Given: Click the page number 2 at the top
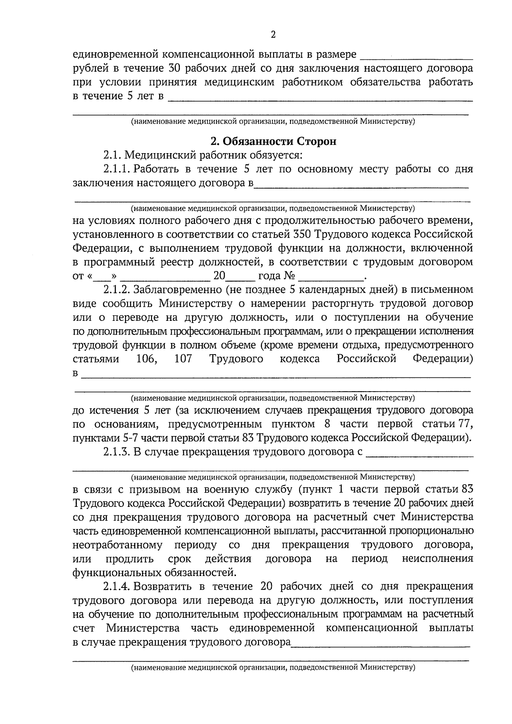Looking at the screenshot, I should (273, 35).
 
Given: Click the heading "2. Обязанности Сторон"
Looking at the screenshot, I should (273, 141).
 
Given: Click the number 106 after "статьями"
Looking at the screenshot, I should (146, 359).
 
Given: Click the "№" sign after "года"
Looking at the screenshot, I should (289, 276).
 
